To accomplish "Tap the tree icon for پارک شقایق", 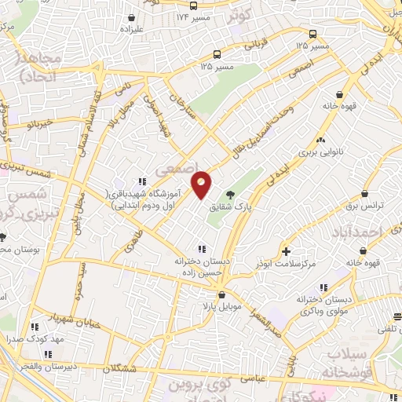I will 230,195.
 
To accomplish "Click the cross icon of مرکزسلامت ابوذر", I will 287,251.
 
